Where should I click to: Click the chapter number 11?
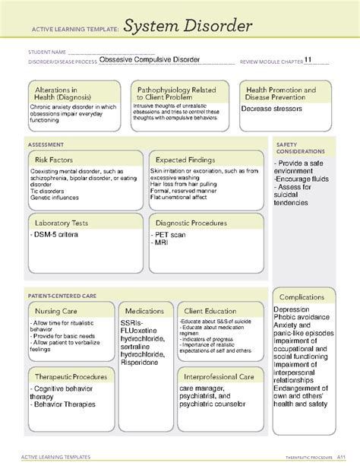[x=308, y=61]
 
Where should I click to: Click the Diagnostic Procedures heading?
[x=192, y=223]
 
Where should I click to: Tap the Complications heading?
[x=302, y=296]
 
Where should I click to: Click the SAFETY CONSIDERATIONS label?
[x=302, y=147]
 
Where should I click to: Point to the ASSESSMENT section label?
[x=46, y=144]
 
